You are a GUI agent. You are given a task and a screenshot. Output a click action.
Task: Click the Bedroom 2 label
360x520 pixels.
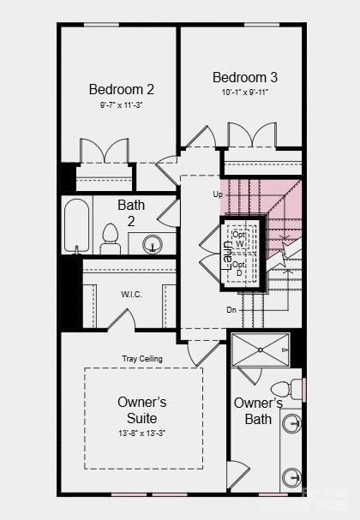(121, 89)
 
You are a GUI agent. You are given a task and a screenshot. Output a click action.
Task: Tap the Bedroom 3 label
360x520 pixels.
(244, 77)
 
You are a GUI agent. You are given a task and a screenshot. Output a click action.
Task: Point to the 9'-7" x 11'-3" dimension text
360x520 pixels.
(121, 105)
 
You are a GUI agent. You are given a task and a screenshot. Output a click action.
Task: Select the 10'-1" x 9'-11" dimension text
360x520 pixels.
(244, 93)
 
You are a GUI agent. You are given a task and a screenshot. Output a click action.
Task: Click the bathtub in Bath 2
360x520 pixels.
(77, 226)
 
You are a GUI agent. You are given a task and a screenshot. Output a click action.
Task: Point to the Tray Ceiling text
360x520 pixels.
(141, 359)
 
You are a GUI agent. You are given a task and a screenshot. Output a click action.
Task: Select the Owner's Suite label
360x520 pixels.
(141, 409)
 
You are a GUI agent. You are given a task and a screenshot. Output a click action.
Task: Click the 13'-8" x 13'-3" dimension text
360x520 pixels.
(141, 433)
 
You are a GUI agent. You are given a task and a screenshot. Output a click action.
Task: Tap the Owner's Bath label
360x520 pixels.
(258, 410)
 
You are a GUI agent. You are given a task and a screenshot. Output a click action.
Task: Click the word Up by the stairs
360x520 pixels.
(218, 194)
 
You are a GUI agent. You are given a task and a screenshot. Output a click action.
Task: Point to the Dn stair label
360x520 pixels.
(231, 309)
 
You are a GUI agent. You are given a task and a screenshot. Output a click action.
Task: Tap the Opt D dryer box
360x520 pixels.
(240, 268)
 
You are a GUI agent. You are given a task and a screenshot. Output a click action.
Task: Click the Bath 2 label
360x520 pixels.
(131, 212)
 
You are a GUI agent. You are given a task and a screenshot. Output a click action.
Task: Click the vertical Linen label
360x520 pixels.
(227, 254)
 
